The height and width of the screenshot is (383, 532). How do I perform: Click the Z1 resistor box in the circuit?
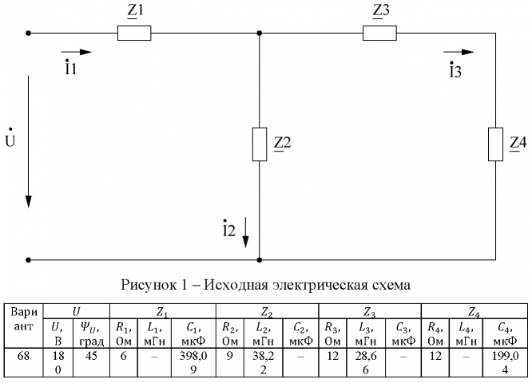click(x=134, y=34)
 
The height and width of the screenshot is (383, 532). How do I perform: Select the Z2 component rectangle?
click(x=260, y=144)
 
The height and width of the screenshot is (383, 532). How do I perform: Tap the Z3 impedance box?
click(x=379, y=34)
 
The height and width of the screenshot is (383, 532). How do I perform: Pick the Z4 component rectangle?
click(x=495, y=144)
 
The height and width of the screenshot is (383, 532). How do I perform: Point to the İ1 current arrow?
click(x=77, y=52)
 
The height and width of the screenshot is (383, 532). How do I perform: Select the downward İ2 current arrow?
click(x=247, y=231)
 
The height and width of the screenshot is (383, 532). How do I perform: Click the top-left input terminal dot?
click(x=29, y=34)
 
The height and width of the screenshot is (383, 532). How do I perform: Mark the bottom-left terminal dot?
click(x=29, y=259)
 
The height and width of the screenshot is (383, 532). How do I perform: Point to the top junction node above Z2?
click(x=260, y=34)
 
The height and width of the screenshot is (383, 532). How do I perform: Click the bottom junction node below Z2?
click(x=260, y=259)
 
